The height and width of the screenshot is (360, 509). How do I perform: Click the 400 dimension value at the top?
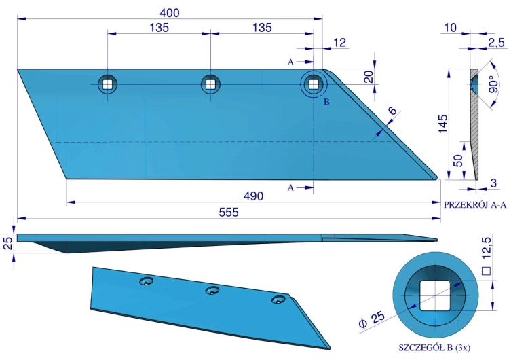click(x=170, y=13)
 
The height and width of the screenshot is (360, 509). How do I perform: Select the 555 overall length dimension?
click(x=229, y=212)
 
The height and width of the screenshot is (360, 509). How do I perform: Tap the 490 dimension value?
click(x=254, y=196)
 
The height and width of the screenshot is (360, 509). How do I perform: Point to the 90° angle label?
click(x=493, y=84)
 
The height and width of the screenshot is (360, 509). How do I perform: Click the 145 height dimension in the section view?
click(x=442, y=124)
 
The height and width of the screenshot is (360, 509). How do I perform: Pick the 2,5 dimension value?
click(x=497, y=43)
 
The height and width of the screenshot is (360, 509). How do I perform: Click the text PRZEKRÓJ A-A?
click(x=475, y=205)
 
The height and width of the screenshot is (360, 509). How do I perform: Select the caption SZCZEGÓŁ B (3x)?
click(x=434, y=348)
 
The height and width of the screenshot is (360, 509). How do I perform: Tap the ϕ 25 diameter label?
click(x=373, y=320)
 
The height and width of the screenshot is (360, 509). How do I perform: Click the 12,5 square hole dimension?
click(x=487, y=256)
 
